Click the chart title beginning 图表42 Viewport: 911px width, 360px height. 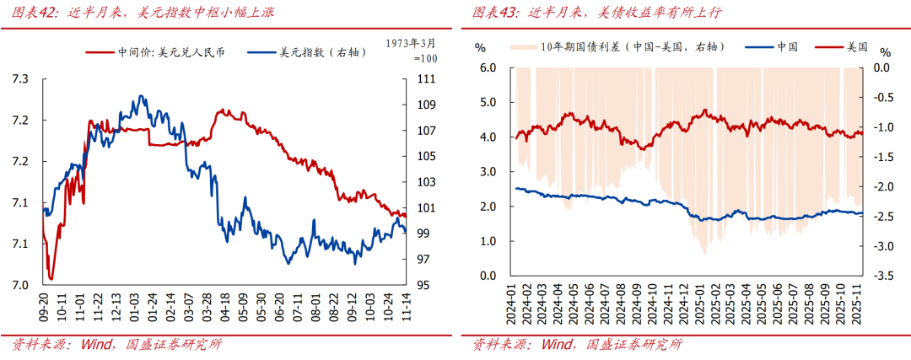[x=143, y=13]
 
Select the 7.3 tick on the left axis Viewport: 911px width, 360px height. [x=20, y=79]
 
